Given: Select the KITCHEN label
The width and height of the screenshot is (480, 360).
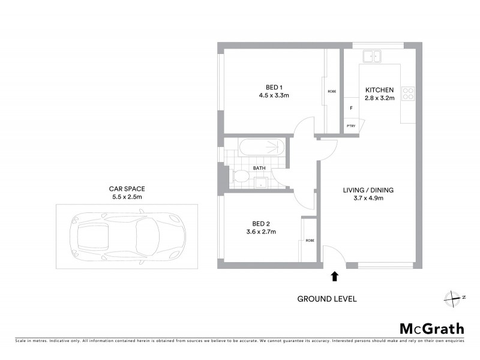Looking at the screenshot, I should click(379, 90).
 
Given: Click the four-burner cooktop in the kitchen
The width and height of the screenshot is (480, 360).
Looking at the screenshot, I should click(408, 93).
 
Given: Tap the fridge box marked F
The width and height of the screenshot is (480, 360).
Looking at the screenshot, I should click(350, 109).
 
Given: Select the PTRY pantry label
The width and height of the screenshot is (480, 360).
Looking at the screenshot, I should click(350, 125).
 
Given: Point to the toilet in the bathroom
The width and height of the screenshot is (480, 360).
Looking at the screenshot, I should click(239, 177).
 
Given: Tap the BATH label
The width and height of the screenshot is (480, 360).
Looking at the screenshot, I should click(259, 168).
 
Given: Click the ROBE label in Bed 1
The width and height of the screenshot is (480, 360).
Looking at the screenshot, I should click(331, 91).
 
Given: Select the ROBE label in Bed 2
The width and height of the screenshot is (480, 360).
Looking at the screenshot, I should click(310, 240).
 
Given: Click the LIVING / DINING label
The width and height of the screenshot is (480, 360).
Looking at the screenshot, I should click(368, 190).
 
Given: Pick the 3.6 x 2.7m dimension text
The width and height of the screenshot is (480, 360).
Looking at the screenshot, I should click(260, 232).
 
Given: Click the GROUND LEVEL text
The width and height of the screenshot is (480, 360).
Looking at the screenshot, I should click(327, 298).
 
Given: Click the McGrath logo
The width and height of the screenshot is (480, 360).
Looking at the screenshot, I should click(431, 328).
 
